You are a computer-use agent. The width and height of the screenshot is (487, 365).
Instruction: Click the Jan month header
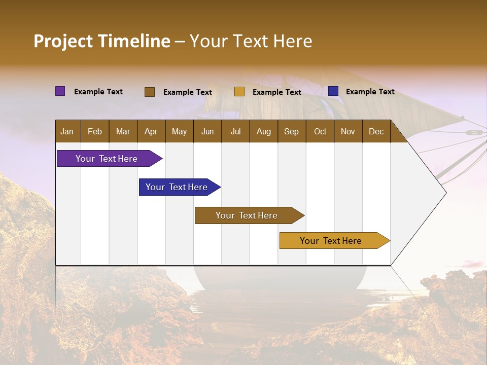click(67, 131)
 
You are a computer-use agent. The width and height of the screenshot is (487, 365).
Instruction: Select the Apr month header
click(151, 131)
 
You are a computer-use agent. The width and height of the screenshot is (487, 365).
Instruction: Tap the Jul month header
click(235, 131)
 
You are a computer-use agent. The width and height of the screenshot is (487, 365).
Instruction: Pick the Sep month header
click(291, 131)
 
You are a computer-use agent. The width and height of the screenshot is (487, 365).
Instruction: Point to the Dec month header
click(376, 131)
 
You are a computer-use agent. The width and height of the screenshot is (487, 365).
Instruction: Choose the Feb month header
click(95, 131)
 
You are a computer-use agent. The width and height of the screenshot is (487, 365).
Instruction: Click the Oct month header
click(320, 131)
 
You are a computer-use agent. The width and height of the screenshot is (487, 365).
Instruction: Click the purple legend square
click(60, 91)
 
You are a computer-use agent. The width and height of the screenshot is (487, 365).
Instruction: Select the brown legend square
click(150, 92)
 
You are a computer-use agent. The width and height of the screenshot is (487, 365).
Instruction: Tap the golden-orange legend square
click(239, 92)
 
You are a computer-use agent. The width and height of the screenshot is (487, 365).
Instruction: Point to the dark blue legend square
click(333, 91)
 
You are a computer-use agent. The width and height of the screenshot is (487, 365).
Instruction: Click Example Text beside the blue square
click(370, 92)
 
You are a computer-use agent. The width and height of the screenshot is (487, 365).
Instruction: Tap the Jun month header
click(207, 131)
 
